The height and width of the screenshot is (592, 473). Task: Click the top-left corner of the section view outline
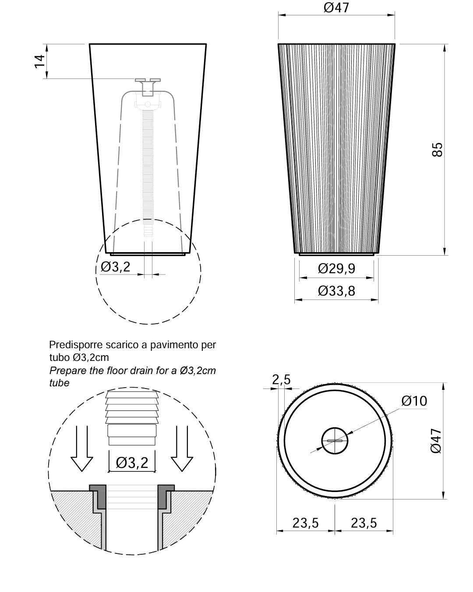click(90, 44)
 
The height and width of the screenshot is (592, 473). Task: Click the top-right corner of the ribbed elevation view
click(395, 44)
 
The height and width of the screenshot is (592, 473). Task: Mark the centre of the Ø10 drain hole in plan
click(335, 441)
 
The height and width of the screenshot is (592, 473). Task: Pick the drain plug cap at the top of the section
click(148, 80)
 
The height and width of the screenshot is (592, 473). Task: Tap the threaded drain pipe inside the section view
click(148, 165)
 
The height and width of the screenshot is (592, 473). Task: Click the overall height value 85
click(437, 150)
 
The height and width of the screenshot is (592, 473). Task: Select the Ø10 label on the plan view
click(414, 401)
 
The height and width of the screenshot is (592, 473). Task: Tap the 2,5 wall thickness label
click(281, 380)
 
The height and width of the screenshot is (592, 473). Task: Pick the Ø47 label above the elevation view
click(336, 7)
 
